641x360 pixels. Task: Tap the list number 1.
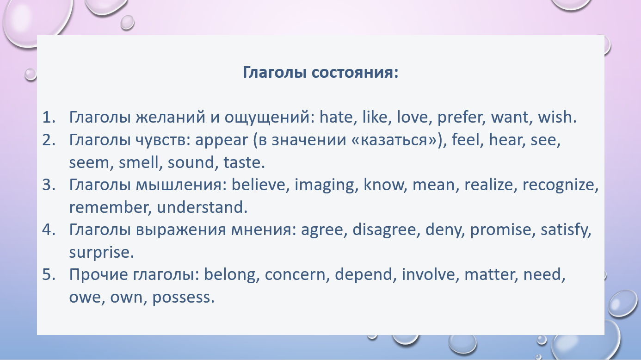click(49, 117)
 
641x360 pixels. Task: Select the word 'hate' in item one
click(336, 117)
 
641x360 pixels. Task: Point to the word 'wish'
click(555, 117)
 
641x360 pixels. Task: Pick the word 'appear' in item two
click(221, 140)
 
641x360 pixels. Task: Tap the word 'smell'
click(138, 162)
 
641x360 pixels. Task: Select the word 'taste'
click(241, 162)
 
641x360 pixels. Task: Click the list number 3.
click(49, 185)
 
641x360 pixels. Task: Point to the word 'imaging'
click(324, 185)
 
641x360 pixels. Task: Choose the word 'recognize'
click(558, 185)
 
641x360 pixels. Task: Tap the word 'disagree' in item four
click(384, 230)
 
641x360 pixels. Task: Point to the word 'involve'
click(428, 274)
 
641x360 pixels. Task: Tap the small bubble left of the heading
click(31, 74)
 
